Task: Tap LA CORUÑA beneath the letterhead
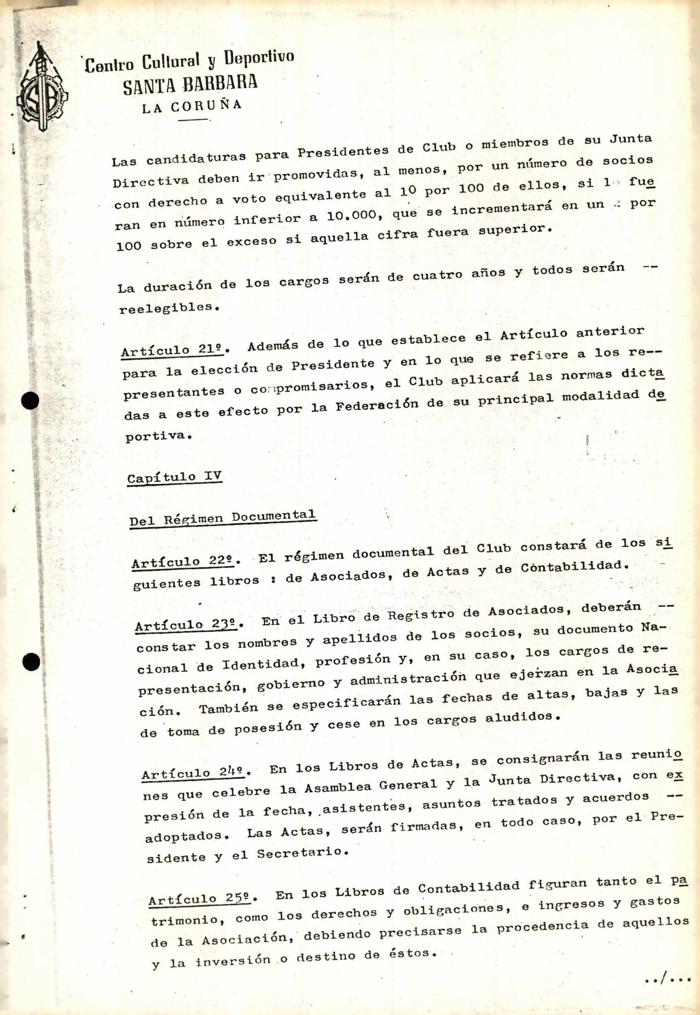pos(192,106)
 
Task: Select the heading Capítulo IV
pos(174,477)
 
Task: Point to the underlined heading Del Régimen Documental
pos(222,518)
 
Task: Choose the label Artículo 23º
pos(185,625)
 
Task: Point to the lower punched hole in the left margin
pos(31,662)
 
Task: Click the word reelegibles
pos(168,308)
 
